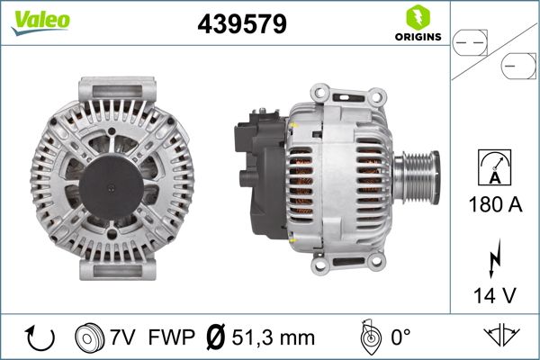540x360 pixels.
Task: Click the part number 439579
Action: (x=242, y=24)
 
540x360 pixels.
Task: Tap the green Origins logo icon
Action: (x=417, y=16)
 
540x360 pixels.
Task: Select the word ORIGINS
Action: (x=417, y=37)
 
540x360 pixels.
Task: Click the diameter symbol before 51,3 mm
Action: (x=216, y=337)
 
